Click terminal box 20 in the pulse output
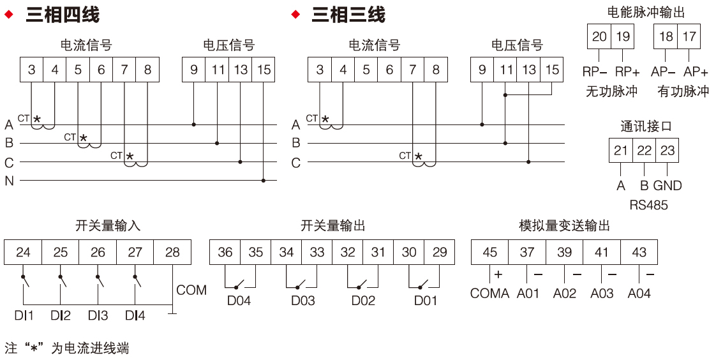(599, 36)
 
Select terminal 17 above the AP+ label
(689, 36)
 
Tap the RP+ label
(627, 71)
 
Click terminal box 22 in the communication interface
(644, 151)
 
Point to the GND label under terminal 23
(668, 186)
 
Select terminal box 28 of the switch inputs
(172, 252)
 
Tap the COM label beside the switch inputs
(191, 290)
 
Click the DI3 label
(98, 315)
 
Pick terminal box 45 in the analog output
(489, 252)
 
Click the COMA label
(489, 294)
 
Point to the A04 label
(639, 294)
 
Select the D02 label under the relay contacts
(363, 300)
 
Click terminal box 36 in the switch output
(225, 252)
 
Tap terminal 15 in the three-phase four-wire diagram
(264, 70)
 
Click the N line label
(9, 181)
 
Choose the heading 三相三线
(348, 14)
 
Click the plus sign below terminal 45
(498, 274)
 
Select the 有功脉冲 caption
(683, 91)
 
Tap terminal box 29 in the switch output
(440, 252)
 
